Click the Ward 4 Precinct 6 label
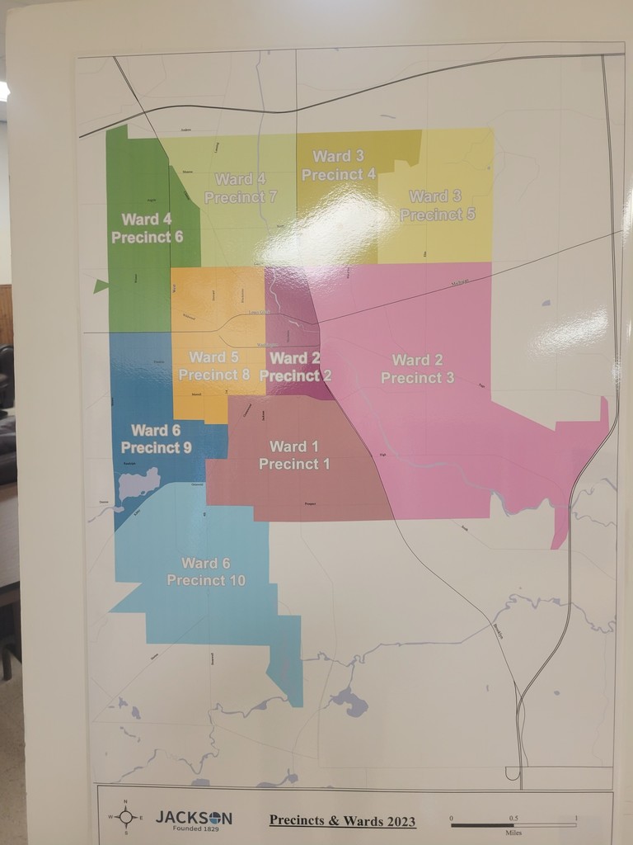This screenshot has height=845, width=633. click(x=147, y=228)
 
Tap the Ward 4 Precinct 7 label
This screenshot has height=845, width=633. click(x=241, y=188)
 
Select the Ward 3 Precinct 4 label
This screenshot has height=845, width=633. click(x=338, y=165)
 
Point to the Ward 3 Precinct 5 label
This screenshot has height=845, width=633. click(x=436, y=205)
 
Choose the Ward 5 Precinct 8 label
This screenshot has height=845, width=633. click(x=213, y=366)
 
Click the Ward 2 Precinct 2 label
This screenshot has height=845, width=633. click(x=295, y=366)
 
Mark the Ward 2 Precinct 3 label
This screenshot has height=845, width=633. click(x=417, y=369)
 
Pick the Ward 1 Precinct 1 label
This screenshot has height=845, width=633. click(x=294, y=456)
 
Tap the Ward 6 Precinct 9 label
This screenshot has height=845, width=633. click(x=156, y=438)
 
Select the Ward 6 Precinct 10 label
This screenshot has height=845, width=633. click(x=206, y=571)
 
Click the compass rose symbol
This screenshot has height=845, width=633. click(x=125, y=816)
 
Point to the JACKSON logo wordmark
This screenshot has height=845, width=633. click(x=194, y=817)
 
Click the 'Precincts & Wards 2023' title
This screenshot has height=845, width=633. click(x=342, y=820)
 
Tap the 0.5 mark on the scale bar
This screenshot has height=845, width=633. click(x=513, y=818)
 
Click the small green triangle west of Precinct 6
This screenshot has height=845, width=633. click(x=101, y=286)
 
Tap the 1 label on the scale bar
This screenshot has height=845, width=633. click(x=575, y=818)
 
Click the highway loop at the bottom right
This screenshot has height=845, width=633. click(x=513, y=773)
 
